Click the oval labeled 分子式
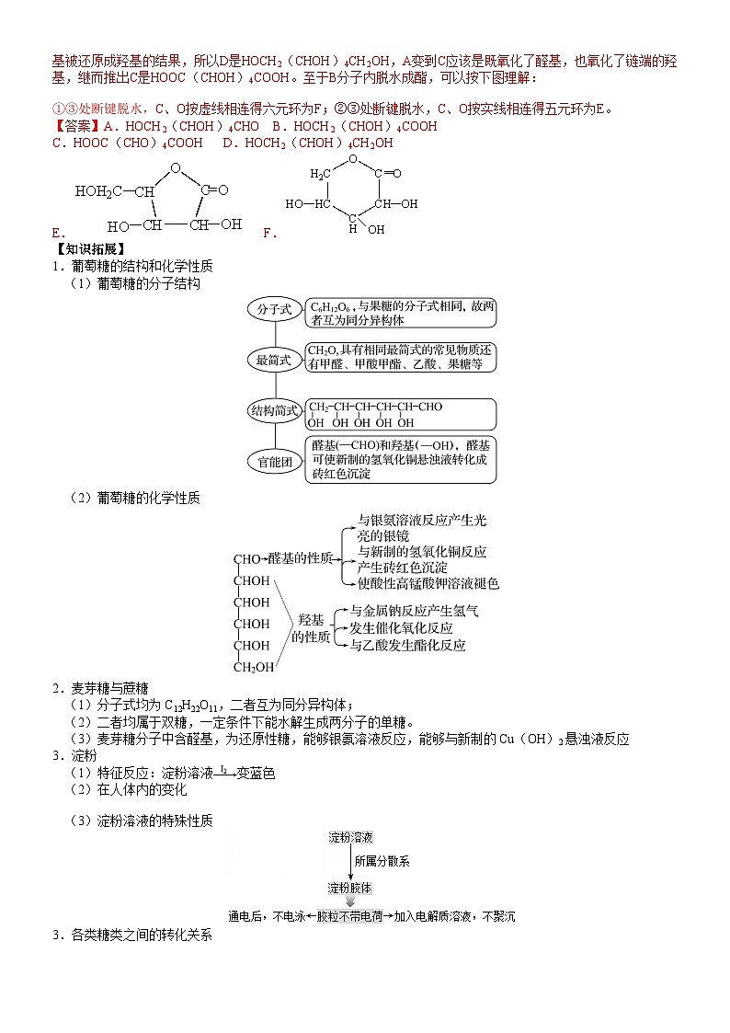click(x=274, y=311)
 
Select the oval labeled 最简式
click(x=274, y=361)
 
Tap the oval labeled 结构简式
click(x=274, y=411)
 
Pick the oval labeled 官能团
click(x=274, y=462)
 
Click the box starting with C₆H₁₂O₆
click(x=401, y=313)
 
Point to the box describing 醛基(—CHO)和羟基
click(x=401, y=460)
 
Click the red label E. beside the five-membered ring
click(x=58, y=232)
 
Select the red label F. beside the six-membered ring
click(x=269, y=233)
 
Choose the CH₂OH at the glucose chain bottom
click(x=253, y=667)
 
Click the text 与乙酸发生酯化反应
click(x=407, y=646)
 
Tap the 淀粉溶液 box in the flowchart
click(x=351, y=837)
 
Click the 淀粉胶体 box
click(x=351, y=889)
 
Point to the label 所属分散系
click(x=382, y=862)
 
